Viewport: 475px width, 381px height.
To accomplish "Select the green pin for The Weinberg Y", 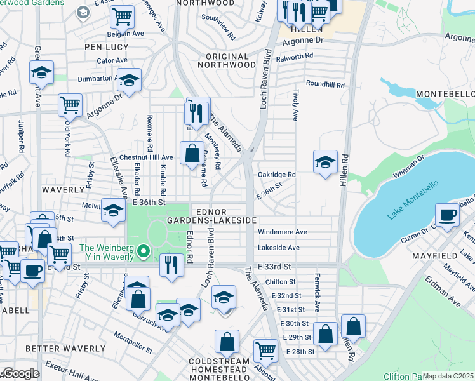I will [144, 252].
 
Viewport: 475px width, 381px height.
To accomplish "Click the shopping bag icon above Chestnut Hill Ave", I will [192, 152].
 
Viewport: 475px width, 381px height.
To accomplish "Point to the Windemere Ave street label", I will [282, 232].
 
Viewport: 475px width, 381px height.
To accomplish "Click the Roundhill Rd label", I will [324, 84].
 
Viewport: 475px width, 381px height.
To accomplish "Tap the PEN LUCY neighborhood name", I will [107, 47].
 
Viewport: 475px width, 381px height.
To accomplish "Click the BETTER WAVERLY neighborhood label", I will [65, 349].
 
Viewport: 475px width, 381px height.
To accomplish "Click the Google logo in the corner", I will [20, 373].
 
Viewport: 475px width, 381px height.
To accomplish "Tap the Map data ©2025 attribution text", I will [448, 376].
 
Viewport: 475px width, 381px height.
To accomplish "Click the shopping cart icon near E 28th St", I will [265, 349].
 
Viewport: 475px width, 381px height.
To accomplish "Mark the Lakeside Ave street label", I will [278, 248].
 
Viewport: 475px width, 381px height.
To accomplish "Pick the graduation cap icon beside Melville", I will [113, 211].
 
